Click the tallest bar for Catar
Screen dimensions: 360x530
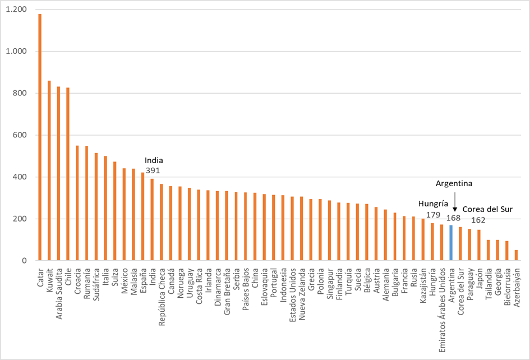(x=40, y=137)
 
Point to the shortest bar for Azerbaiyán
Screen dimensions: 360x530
(x=516, y=255)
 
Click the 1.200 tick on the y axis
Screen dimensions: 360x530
(x=17, y=10)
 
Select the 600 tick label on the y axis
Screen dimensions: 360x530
(x=20, y=135)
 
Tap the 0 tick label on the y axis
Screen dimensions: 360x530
(x=25, y=261)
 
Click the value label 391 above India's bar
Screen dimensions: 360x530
(x=153, y=170)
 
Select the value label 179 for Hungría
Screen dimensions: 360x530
(x=433, y=215)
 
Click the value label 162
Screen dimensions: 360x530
(x=478, y=220)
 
